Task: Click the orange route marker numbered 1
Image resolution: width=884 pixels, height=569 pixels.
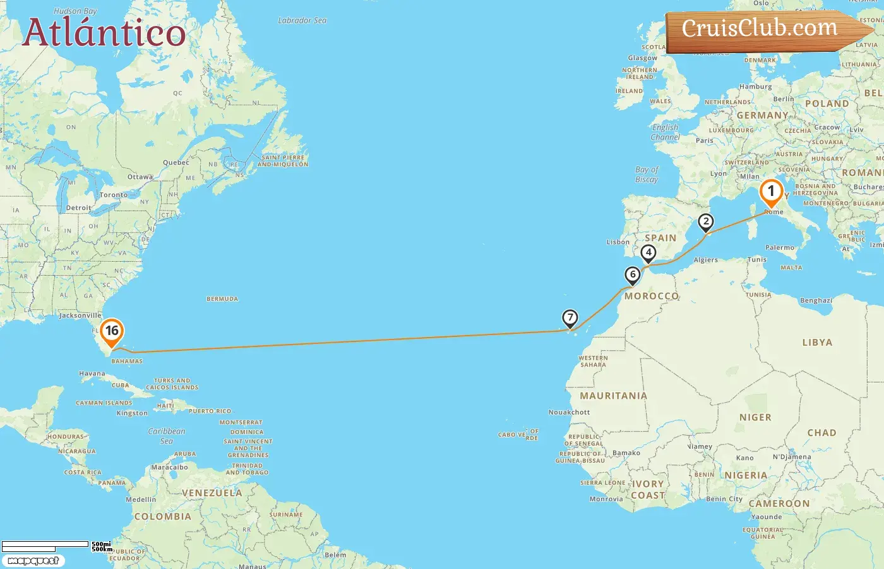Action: [x=770, y=192]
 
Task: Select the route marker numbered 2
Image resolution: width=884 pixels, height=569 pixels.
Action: [x=705, y=222]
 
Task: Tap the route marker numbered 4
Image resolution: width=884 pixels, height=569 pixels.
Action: [x=648, y=253]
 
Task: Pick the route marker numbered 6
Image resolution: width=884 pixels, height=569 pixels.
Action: [x=632, y=275]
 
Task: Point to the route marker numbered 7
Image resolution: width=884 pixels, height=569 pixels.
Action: [x=570, y=318]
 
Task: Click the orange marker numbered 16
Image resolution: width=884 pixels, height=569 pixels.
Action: [x=112, y=331]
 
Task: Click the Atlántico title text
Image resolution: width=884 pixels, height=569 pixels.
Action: [x=104, y=32]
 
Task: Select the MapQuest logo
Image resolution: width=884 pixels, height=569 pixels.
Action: [x=33, y=561]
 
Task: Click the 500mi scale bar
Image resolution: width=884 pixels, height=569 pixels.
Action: [x=45, y=544]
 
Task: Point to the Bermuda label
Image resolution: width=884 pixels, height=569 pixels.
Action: [x=222, y=299]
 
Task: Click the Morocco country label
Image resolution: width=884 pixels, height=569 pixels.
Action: [x=652, y=296]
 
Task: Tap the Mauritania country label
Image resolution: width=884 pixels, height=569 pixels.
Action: [x=613, y=396]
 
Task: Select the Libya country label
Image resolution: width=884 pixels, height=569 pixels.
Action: [x=817, y=343]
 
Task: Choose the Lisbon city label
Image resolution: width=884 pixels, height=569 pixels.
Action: [x=618, y=242]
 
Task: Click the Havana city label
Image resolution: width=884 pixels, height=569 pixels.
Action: [x=92, y=374]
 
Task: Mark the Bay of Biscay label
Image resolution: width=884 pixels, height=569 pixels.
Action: [x=647, y=174]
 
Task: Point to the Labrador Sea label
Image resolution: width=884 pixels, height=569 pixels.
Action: [x=302, y=21]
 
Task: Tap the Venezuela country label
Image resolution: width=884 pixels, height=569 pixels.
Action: [x=212, y=493]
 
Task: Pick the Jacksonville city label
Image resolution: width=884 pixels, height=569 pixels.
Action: [x=80, y=315]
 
